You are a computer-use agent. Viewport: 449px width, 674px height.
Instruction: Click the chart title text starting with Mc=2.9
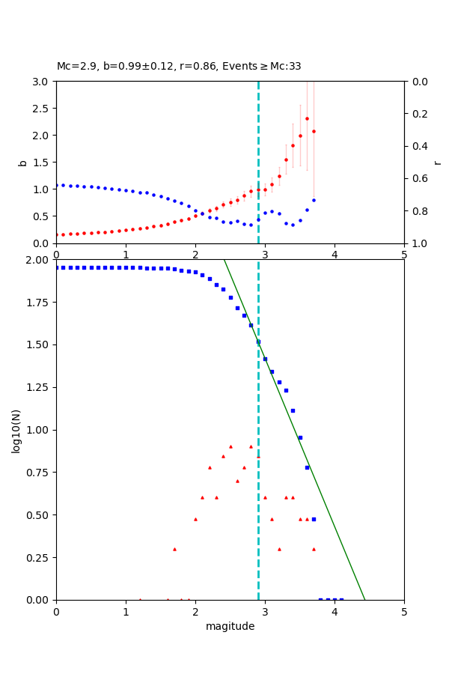(179, 67)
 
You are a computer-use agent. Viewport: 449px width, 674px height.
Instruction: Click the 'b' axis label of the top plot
(22, 163)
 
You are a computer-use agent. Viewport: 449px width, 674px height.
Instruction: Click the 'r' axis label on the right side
(438, 163)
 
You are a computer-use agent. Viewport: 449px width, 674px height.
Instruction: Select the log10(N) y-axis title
(16, 430)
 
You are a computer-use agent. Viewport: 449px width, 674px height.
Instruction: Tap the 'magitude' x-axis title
(230, 627)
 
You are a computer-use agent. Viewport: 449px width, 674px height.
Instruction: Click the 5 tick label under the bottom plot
(404, 611)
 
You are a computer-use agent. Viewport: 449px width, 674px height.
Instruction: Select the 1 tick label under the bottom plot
(126, 611)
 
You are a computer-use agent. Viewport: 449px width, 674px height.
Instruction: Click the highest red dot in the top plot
(307, 118)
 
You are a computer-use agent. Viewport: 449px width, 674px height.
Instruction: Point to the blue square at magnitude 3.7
(314, 519)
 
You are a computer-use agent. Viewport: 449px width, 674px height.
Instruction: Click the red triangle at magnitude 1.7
(174, 549)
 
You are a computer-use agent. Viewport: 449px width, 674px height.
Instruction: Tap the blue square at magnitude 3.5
(300, 437)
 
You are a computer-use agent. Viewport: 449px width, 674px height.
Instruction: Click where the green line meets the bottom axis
(364, 600)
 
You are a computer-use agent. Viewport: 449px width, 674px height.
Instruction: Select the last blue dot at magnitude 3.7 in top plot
(314, 200)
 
